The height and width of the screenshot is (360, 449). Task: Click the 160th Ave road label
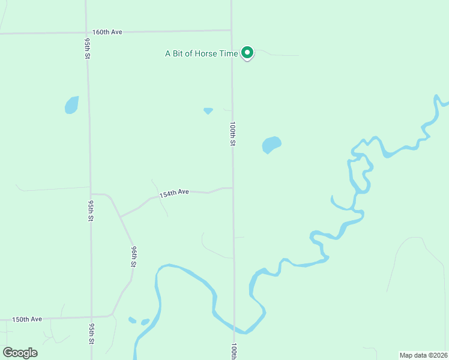click(107, 32)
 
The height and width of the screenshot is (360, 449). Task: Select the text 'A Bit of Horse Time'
click(202, 53)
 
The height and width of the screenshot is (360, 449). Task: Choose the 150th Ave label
click(27, 319)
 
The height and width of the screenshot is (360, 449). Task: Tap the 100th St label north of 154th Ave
click(233, 134)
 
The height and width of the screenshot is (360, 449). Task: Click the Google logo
click(20, 353)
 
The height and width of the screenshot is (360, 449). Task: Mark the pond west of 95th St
click(71, 105)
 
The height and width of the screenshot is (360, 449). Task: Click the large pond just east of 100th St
click(271, 145)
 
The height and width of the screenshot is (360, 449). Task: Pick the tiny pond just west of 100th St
click(208, 110)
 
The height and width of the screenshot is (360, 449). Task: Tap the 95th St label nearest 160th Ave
click(88, 47)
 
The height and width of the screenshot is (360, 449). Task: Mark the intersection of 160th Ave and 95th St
click(86, 32)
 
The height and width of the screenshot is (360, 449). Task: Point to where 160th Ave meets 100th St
click(232, 30)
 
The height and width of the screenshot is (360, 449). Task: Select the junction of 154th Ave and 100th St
click(233, 188)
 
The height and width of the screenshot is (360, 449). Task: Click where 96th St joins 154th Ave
click(120, 216)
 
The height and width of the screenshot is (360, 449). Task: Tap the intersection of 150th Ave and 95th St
click(91, 317)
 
